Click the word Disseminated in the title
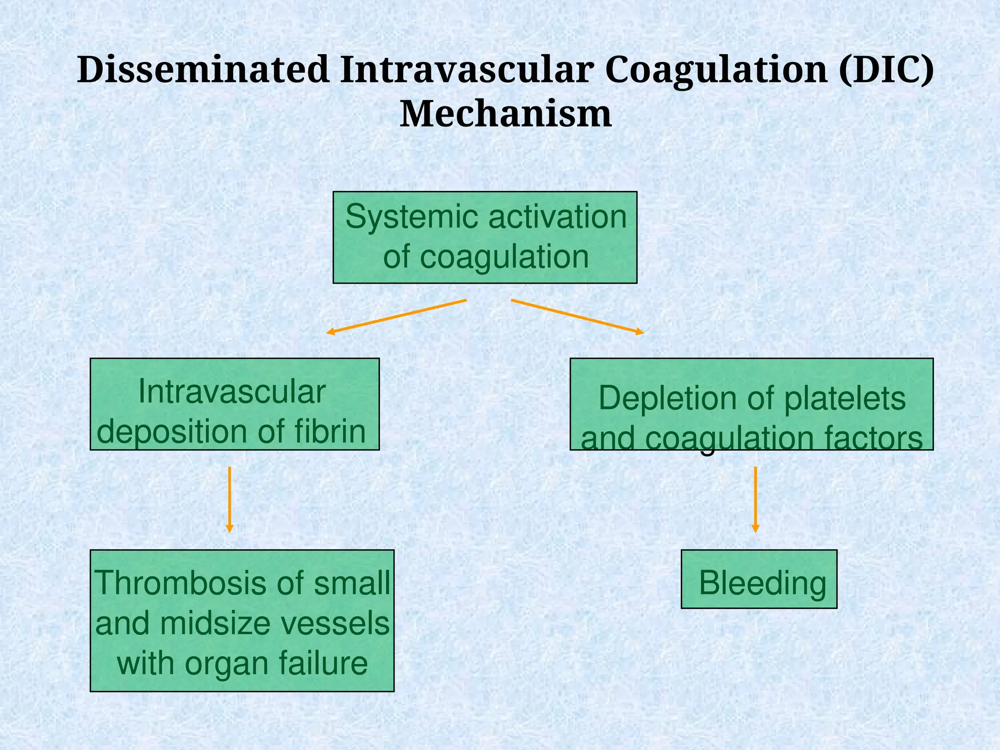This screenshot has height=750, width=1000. pyautogui.click(x=203, y=69)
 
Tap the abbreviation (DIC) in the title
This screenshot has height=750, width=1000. pyautogui.click(x=886, y=69)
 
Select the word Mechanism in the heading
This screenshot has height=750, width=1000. pyautogui.click(x=505, y=114)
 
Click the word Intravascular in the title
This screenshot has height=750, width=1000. pyautogui.click(x=467, y=69)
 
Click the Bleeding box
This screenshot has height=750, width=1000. pyautogui.click(x=759, y=579)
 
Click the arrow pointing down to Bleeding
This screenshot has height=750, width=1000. pyautogui.click(x=755, y=499)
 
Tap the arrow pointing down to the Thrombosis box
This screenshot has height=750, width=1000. pyautogui.click(x=229, y=499)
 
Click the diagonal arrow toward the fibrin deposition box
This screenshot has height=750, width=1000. pyautogui.click(x=396, y=316)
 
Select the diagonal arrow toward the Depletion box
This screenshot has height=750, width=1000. pyautogui.click(x=577, y=316)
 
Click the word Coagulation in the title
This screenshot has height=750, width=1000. pyautogui.click(x=716, y=69)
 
